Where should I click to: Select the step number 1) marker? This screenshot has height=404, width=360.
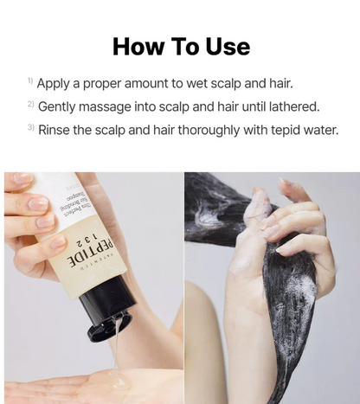click(x=29, y=82)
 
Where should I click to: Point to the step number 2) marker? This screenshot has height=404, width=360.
click(x=29, y=106)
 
